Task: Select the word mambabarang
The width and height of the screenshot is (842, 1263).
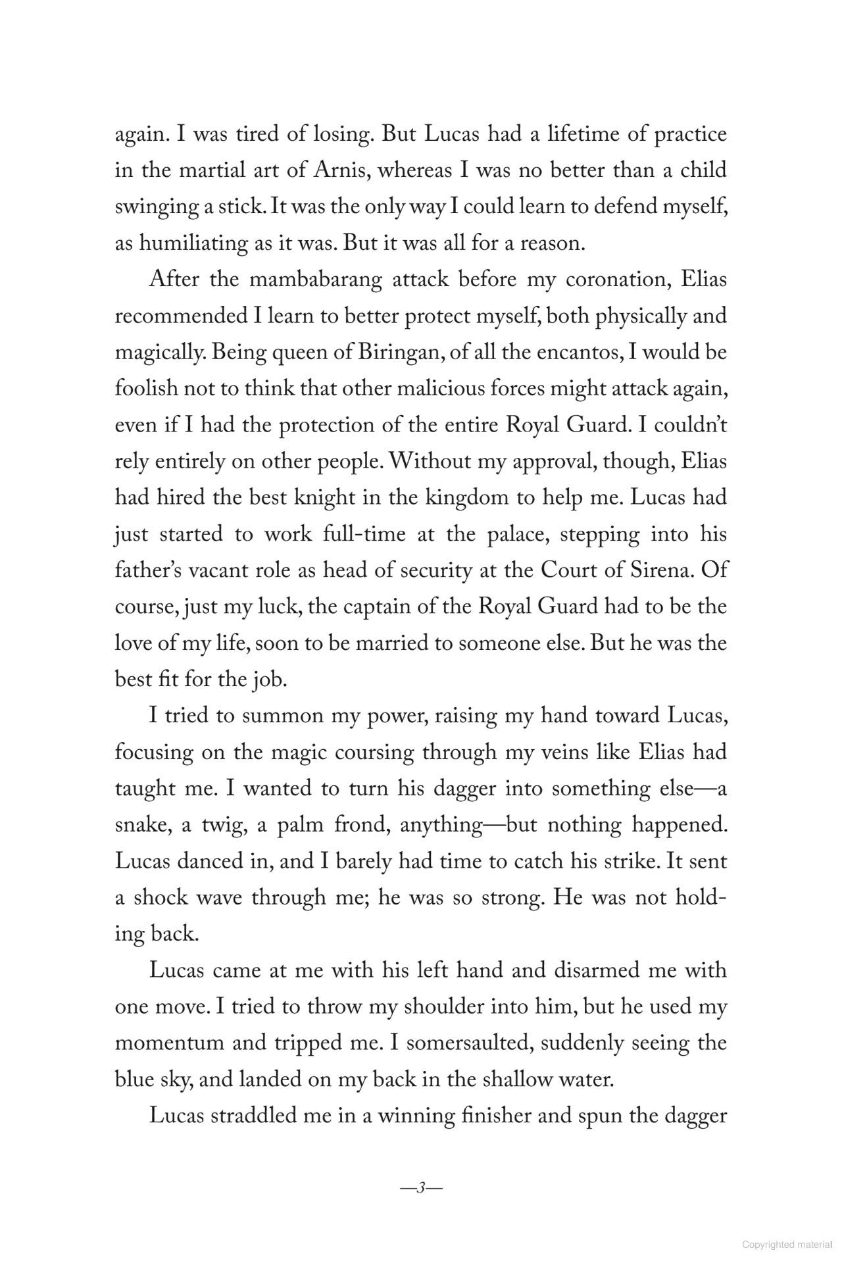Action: point(316,280)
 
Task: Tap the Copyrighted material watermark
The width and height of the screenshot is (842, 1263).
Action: point(787,1245)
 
